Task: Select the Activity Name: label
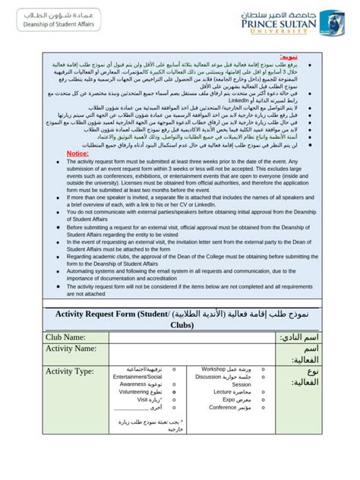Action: [x=75, y=348]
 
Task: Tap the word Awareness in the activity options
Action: [x=131, y=384]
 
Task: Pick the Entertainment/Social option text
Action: [x=137, y=376]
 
